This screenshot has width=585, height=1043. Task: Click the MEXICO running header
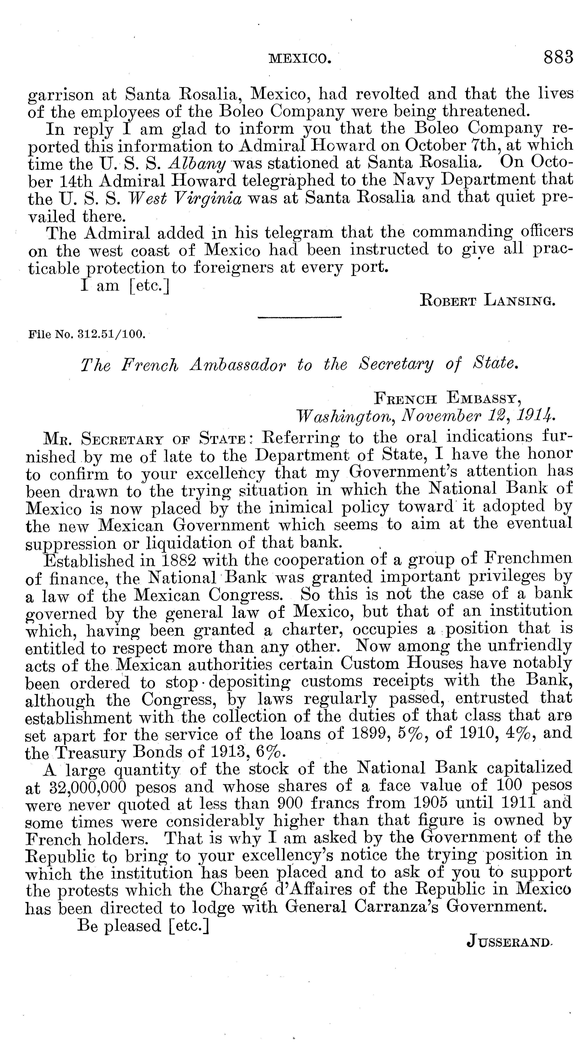pos(300,59)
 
